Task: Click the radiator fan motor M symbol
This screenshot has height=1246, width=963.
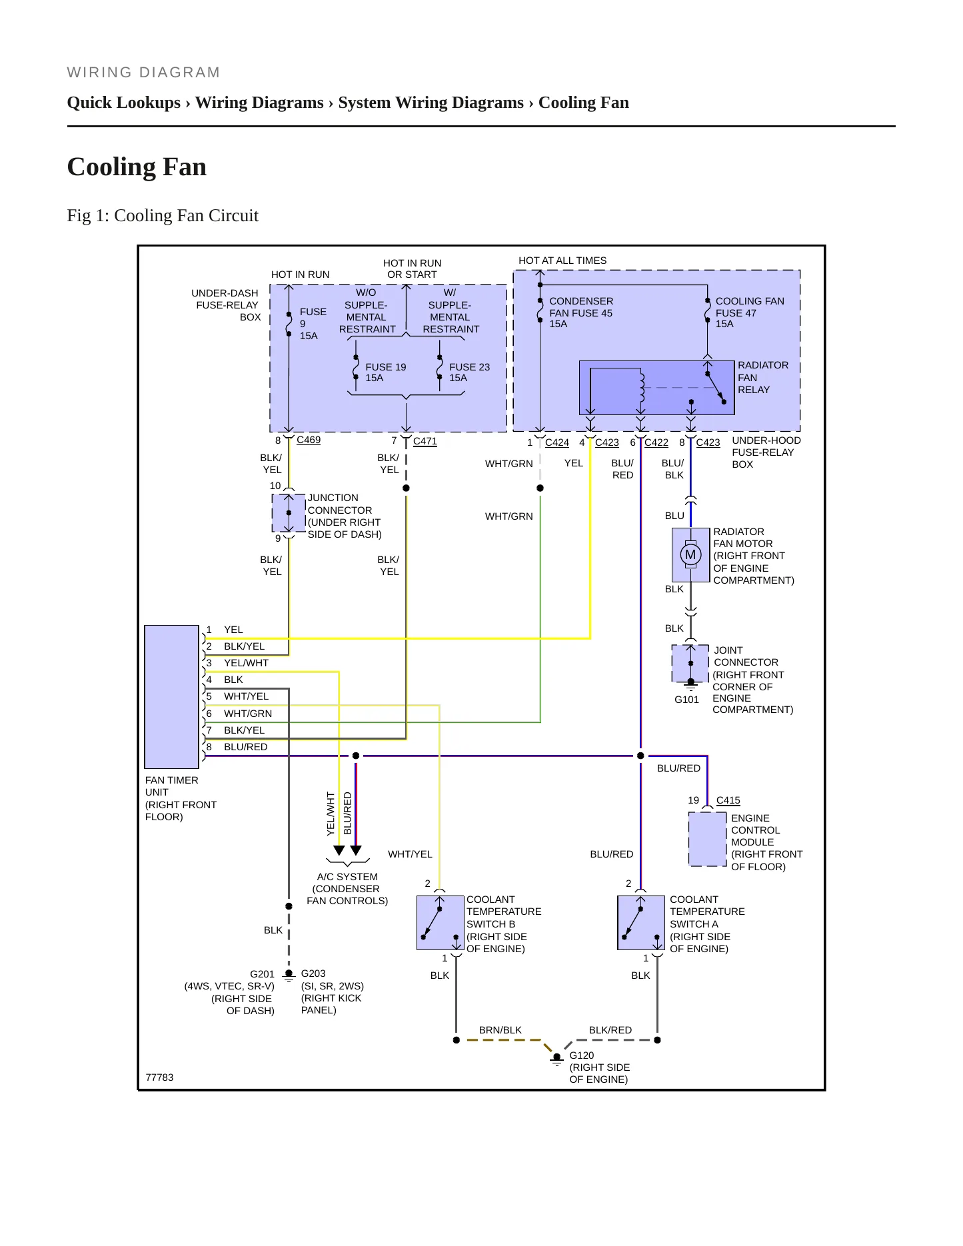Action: pos(690,554)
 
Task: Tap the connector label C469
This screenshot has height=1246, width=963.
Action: pos(309,440)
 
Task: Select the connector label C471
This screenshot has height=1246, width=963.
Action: pos(425,440)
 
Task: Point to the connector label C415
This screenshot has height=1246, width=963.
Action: pos(728,800)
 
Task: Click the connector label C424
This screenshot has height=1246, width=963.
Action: pos(557,442)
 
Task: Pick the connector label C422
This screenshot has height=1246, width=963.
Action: pos(656,442)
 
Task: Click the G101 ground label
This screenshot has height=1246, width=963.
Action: pos(686,700)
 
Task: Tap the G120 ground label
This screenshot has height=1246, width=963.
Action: pos(582,1055)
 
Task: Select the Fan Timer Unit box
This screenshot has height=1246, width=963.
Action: pos(172,697)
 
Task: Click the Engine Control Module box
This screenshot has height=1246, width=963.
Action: pos(707,839)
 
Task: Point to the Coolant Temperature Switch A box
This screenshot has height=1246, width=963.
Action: pos(641,923)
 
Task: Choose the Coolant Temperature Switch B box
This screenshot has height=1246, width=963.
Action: pos(440,923)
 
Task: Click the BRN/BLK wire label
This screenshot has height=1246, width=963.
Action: pos(500,1030)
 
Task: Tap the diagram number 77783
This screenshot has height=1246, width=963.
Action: pos(159,1077)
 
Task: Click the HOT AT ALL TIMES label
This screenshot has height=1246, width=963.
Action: pos(562,261)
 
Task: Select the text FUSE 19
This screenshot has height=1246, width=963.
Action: pos(386,367)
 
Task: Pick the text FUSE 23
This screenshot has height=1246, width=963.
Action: pos(469,367)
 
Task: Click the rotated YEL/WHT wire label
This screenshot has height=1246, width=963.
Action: pos(331,814)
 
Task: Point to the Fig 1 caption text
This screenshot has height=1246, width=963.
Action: pos(163,215)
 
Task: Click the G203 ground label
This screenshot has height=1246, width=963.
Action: pos(313,973)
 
